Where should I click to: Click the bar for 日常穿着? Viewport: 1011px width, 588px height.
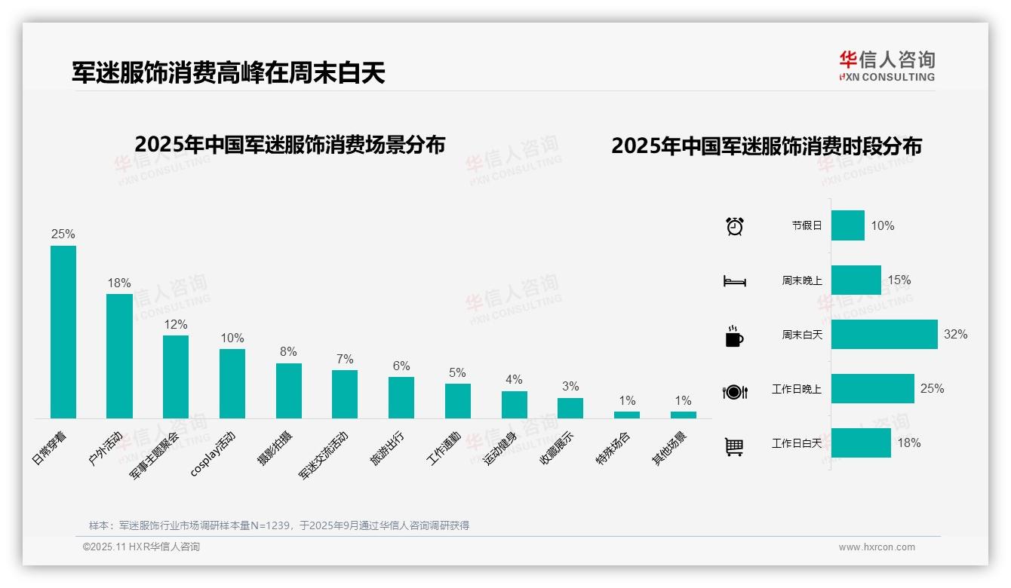pyautogui.click(x=63, y=332)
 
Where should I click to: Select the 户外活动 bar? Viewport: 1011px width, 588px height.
pyautogui.click(x=119, y=356)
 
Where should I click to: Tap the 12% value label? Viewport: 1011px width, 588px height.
pyautogui.click(x=175, y=324)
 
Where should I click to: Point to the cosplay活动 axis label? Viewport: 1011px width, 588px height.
pyautogui.click(x=214, y=453)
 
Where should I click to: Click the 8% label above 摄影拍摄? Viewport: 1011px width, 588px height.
pyautogui.click(x=288, y=352)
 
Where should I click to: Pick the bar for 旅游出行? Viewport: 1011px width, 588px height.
pyautogui.click(x=401, y=397)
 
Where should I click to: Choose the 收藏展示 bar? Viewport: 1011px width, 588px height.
pyautogui.click(x=570, y=408)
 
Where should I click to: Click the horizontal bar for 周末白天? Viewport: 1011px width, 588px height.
pyautogui.click(x=884, y=334)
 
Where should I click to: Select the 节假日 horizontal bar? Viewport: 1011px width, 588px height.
pyautogui.click(x=848, y=225)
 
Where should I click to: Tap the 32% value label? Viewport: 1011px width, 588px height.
pyautogui.click(x=955, y=334)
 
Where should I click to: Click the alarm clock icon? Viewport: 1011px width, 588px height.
pyautogui.click(x=734, y=226)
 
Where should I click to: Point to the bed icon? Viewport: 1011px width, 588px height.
pyautogui.click(x=734, y=281)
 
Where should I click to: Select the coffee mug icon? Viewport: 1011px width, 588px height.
pyautogui.click(x=734, y=336)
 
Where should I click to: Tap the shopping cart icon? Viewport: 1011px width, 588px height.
pyautogui.click(x=734, y=446)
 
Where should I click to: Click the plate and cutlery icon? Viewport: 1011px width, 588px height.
pyautogui.click(x=734, y=391)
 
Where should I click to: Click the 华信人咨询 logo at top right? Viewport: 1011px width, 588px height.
pyautogui.click(x=887, y=66)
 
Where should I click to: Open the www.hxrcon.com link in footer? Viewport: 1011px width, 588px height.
pyautogui.click(x=877, y=547)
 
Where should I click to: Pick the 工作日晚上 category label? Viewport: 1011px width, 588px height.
pyautogui.click(x=796, y=389)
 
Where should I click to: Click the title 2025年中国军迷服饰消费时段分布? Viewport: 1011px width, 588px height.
pyautogui.click(x=767, y=146)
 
